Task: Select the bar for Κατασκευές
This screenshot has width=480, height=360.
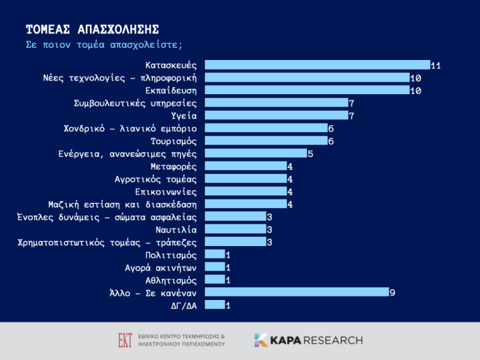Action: pos(317,65)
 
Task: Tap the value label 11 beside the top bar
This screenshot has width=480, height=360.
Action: pos(436,65)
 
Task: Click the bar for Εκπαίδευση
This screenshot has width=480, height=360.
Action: pos(307,90)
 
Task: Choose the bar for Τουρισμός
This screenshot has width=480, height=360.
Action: pos(266,140)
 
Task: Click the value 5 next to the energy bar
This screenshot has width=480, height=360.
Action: pos(310,154)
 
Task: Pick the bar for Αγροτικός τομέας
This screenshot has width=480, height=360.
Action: pos(246,179)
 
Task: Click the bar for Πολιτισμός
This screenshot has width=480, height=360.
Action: pos(215,254)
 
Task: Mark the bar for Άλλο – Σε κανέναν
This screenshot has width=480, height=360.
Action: pos(297,292)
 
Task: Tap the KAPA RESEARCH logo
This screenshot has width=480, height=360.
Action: pos(308,340)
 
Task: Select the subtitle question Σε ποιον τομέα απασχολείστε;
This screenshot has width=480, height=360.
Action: pos(104,45)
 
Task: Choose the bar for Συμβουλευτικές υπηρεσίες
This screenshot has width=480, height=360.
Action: pos(277,103)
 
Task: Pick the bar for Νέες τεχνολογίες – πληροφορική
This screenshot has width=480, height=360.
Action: pos(307,77)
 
